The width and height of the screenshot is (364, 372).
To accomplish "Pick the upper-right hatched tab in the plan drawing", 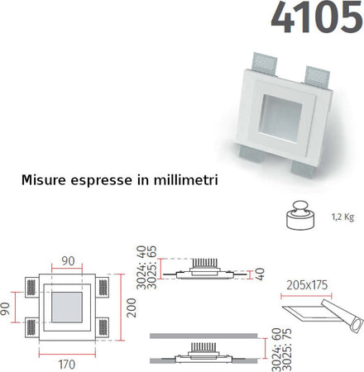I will [x=103, y=287].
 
